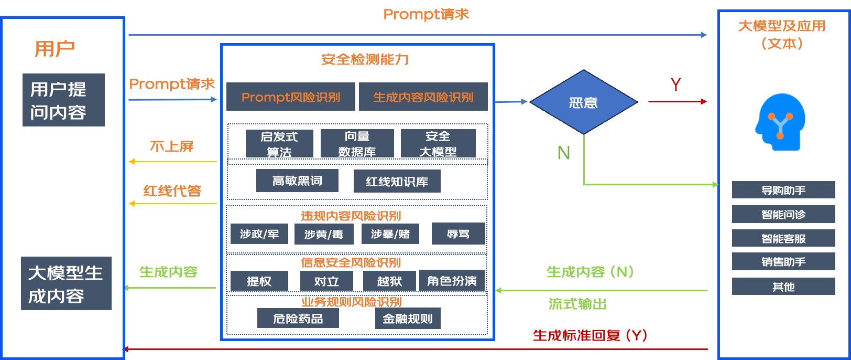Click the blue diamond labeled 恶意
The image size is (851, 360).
(583, 102)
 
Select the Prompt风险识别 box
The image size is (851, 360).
(290, 97)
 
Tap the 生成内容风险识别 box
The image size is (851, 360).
(423, 97)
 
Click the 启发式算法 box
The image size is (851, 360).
(279, 144)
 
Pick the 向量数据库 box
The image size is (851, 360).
(357, 144)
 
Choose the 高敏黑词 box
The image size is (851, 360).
(297, 181)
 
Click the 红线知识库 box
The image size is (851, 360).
(397, 182)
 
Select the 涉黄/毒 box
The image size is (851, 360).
(323, 234)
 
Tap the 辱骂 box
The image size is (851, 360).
(458, 234)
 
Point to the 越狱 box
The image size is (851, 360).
(389, 281)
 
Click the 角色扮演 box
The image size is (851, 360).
(452, 281)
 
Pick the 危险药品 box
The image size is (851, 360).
(298, 319)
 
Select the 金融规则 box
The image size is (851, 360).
(408, 319)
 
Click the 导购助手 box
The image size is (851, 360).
(783, 190)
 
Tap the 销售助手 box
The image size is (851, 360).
(783, 262)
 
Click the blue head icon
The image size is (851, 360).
(780, 122)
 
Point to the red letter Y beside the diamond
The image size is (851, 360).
(675, 84)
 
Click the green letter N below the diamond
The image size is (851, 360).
(563, 153)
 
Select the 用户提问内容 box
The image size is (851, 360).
(63, 100)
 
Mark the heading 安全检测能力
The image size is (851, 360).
(365, 59)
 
